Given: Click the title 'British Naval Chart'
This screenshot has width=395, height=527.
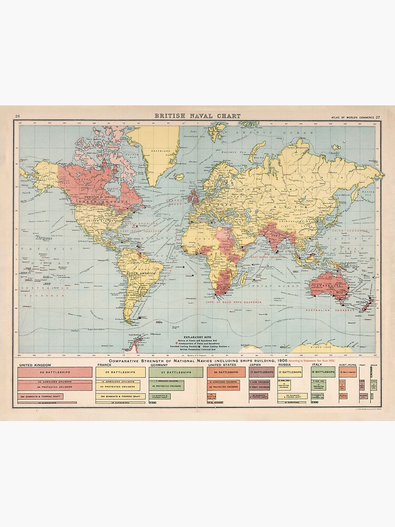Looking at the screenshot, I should [197, 116].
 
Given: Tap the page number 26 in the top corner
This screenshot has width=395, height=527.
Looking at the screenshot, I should [17, 116].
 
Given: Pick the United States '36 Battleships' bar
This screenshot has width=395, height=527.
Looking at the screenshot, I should [226, 372].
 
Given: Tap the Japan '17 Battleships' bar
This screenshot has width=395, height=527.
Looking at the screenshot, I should [261, 372].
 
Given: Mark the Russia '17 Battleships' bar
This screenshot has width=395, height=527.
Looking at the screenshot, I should [290, 372].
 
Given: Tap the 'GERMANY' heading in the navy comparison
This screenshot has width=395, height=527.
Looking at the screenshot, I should [159, 364].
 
